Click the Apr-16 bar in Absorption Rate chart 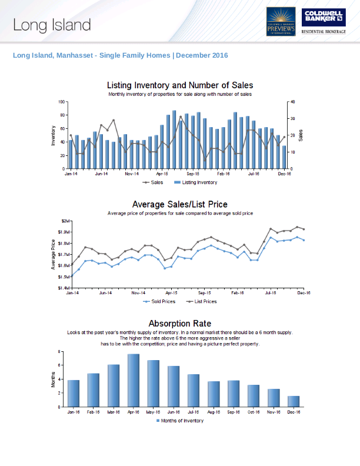(x=134, y=381)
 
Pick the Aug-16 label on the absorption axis (x=214, y=412)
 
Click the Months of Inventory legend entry (x=179, y=421)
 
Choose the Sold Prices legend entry (x=159, y=301)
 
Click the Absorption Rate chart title (x=179, y=324)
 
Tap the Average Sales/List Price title (x=180, y=205)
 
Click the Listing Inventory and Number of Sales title (x=180, y=86)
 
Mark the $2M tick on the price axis (x=66, y=221)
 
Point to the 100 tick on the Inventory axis (x=61, y=102)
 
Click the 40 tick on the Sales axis (x=293, y=102)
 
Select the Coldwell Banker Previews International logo (x=281, y=22)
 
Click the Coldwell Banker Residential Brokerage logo (x=324, y=22)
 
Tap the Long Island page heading (x=52, y=25)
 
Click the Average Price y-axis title (x=54, y=254)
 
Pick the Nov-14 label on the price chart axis (x=138, y=292)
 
